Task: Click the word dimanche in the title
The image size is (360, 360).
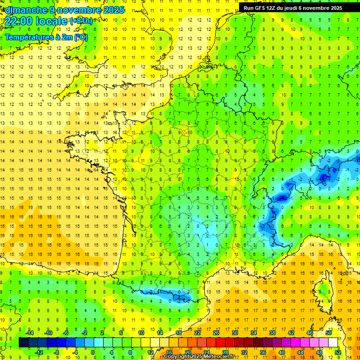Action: (x=25, y=10)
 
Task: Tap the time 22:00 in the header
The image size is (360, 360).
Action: (x=19, y=22)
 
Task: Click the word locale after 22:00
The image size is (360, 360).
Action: (x=52, y=22)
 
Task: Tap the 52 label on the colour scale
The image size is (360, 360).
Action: (x=338, y=352)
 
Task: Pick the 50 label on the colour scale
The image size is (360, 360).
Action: (x=328, y=333)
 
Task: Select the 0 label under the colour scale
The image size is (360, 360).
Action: (x=92, y=352)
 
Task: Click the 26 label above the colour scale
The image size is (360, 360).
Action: (x=216, y=333)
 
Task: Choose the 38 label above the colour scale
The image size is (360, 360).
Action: (x=272, y=333)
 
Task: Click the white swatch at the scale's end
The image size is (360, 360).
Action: (x=333, y=343)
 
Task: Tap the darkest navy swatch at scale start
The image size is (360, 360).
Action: (x=23, y=343)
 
